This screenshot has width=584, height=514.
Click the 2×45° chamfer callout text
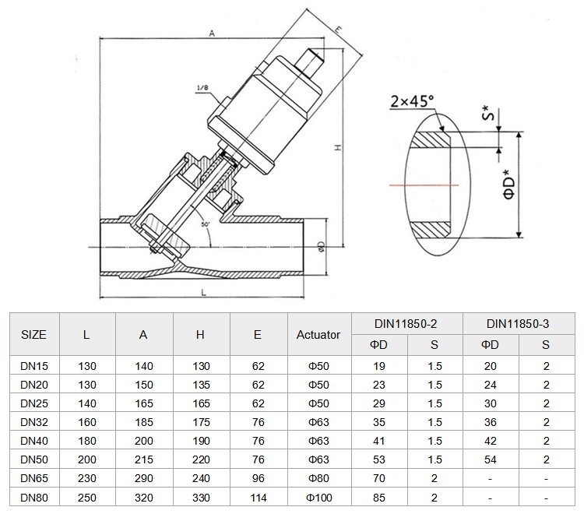tap(412, 101)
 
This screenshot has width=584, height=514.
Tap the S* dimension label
tap(489, 113)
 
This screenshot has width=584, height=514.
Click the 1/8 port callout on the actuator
tap(202, 88)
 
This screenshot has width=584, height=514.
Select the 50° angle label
tap(206, 224)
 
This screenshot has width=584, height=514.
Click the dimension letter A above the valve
tap(212, 33)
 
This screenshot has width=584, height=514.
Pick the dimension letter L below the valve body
tap(203, 293)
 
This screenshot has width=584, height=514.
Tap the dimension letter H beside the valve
tap(338, 147)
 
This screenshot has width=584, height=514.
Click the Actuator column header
tap(318, 334)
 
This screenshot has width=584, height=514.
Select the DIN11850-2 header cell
tap(406, 324)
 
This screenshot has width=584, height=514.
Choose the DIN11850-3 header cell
tap(518, 324)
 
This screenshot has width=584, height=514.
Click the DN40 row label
tap(34, 441)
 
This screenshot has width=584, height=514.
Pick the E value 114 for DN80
tap(259, 497)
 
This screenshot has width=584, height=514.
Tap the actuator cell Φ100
tap(318, 497)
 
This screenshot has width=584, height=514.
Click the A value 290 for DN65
tap(144, 478)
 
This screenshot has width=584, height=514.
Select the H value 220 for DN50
tap(201, 459)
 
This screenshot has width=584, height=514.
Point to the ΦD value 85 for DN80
tap(379, 497)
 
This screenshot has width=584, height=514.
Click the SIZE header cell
tap(34, 334)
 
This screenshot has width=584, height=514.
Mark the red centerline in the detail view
tap(424, 185)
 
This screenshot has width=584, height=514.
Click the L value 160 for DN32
tap(87, 422)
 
